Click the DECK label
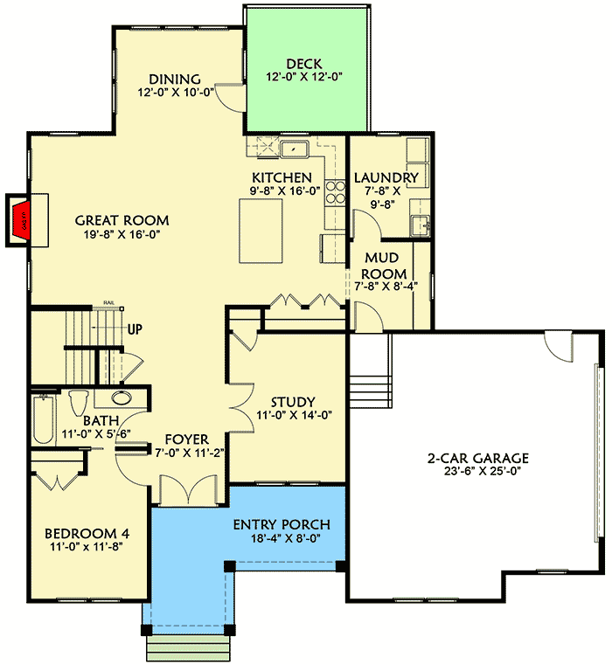pos(303,64)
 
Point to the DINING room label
pos(174,79)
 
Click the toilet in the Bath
pos(78,403)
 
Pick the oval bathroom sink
pos(122,399)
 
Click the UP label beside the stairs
pos(136,330)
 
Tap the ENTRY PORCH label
pos(282,524)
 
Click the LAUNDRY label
pos(386,178)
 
